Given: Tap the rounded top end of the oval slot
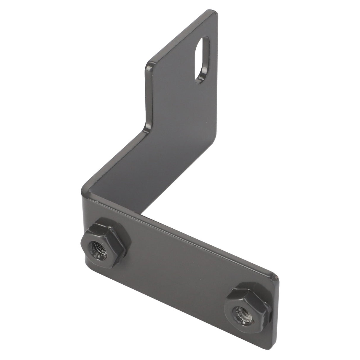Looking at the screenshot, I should click(205, 39).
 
